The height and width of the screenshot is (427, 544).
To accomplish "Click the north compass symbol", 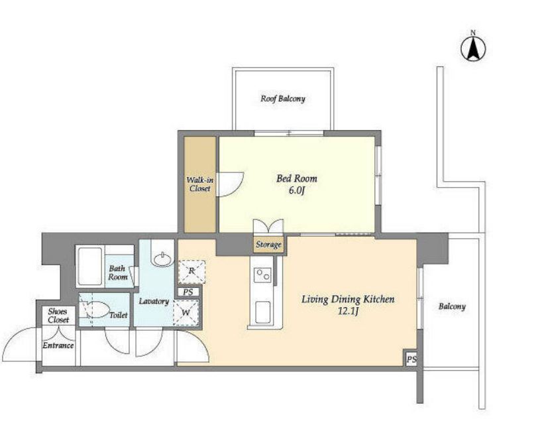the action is click(473, 47).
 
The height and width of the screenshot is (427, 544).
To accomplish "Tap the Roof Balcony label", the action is click(283, 99).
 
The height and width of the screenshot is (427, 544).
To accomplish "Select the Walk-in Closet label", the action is click(200, 184).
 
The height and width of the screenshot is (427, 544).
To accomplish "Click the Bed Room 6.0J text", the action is click(297, 184).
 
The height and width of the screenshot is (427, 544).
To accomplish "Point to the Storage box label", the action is click(268, 245).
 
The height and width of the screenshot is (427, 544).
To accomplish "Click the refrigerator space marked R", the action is click(192, 271).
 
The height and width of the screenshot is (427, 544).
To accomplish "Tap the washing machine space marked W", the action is click(186, 312).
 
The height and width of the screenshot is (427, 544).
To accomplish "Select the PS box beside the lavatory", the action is click(188, 292).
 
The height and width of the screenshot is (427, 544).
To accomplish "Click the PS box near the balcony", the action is click(411, 359).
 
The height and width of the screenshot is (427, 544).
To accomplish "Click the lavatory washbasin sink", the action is click(163, 260).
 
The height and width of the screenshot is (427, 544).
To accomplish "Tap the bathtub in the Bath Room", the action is click(90, 267).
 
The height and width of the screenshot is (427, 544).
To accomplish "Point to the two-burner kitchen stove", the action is click(262, 274).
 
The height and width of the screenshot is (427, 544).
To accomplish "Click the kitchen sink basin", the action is click(262, 312).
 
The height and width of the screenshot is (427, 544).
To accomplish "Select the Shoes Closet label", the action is click(58, 316).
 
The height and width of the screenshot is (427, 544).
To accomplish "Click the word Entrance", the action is click(58, 345).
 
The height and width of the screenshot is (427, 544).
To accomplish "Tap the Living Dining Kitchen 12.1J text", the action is click(348, 304).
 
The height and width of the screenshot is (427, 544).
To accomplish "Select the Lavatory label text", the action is click(154, 301).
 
